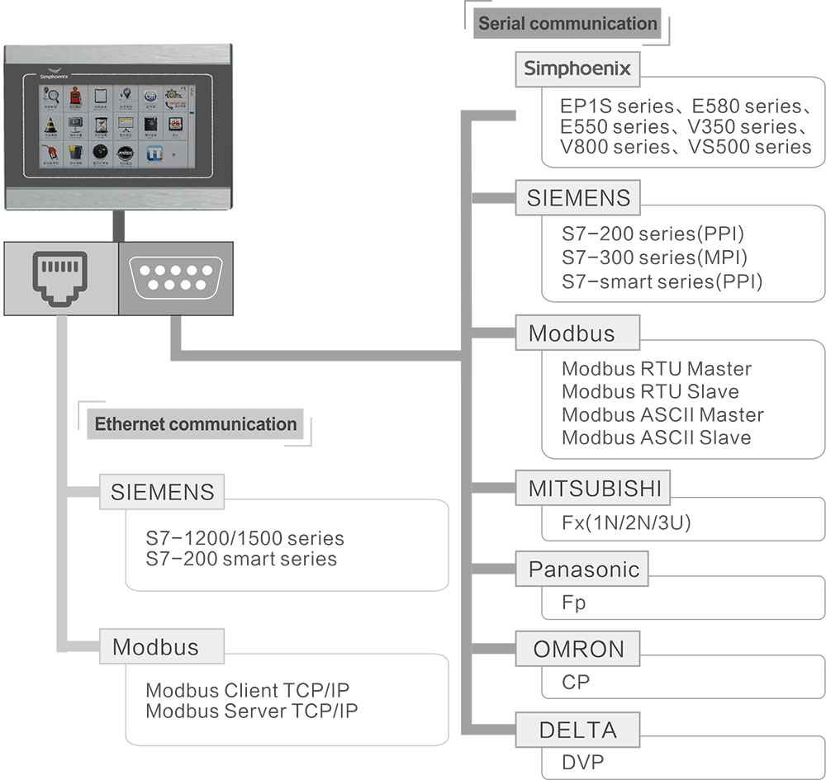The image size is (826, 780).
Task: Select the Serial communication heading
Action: [x=567, y=23]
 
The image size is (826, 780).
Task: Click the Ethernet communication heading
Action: [x=196, y=424]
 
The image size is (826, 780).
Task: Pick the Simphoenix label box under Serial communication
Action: [x=578, y=69]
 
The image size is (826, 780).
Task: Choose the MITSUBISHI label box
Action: [x=595, y=489]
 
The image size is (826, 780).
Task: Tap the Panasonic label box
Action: [x=583, y=569]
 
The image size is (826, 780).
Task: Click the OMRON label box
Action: [x=578, y=649]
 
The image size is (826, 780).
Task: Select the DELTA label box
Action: [x=577, y=730]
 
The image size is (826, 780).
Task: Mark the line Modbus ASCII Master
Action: [x=662, y=414]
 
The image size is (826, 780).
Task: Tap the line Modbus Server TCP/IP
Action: [x=252, y=711]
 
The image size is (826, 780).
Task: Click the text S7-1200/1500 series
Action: [x=244, y=538]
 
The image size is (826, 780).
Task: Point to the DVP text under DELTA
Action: [x=582, y=762]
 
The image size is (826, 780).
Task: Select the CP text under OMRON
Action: [x=576, y=683]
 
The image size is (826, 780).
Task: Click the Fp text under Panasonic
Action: [x=573, y=603]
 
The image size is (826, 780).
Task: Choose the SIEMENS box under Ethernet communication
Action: [x=162, y=493]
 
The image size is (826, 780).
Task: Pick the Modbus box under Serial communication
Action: [x=572, y=333]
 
